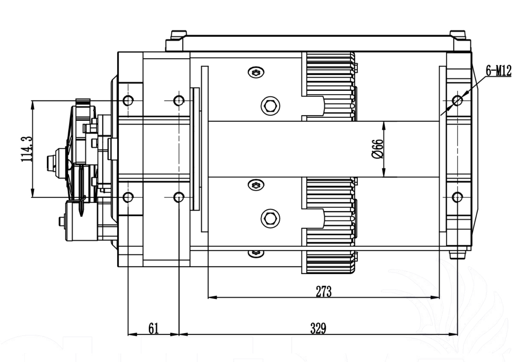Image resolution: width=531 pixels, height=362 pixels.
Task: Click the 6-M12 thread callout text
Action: point(499,71)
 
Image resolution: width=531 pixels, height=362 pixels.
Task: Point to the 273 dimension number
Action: point(323,291)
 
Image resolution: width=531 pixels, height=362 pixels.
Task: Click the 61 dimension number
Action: point(154,328)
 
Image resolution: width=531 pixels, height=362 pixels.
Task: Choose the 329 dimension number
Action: point(318,328)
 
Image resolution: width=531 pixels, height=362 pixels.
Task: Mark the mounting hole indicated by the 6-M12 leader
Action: point(457,100)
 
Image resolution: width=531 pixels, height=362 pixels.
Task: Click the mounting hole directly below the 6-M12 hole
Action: point(457,197)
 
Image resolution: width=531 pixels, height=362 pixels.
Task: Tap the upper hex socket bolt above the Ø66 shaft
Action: point(270,105)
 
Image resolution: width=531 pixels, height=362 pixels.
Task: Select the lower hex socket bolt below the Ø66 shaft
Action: point(270,218)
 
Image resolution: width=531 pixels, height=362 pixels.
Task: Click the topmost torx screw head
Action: point(256,72)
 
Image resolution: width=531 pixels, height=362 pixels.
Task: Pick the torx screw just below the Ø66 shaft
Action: point(256,185)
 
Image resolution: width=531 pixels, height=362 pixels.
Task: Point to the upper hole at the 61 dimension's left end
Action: point(128,100)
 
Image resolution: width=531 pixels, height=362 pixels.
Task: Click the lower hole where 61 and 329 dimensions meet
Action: point(179,197)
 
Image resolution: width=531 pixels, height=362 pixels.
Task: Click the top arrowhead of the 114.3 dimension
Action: point(32,104)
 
